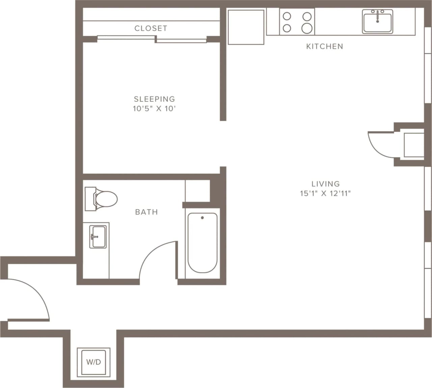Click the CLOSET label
point(151,28)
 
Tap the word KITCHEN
point(324,47)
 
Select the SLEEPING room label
point(154,99)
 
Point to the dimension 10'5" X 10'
point(154,109)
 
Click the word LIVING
point(325,184)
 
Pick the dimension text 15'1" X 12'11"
point(325,193)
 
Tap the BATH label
point(146,212)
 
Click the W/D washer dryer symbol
point(93,362)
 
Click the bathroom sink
point(98,237)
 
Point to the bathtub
point(202,243)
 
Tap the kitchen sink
point(377,22)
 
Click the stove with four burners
point(297,22)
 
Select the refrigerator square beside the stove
point(246,27)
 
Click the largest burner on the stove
point(307,28)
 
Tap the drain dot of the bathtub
point(202,218)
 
